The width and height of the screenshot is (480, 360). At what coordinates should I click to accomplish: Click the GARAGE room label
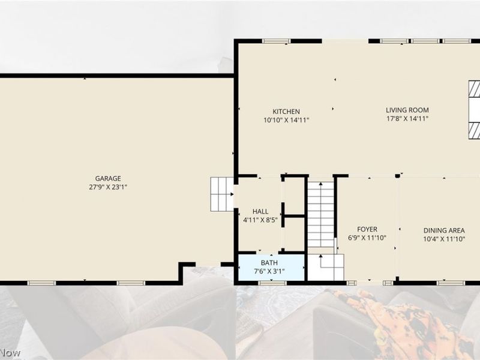(108, 178)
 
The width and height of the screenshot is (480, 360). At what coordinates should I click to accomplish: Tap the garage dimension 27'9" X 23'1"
(108, 187)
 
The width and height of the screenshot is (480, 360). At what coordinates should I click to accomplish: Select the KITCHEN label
(286, 112)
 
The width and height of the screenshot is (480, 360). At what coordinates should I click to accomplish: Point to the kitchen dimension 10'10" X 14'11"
(286, 120)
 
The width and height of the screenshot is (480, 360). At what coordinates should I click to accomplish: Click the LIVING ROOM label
(407, 110)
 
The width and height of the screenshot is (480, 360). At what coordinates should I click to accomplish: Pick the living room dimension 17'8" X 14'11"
(407, 118)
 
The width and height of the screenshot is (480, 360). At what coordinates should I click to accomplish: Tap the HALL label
(260, 212)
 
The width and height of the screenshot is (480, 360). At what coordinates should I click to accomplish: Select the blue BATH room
(271, 267)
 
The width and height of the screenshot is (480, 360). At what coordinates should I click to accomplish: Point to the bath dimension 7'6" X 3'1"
(269, 271)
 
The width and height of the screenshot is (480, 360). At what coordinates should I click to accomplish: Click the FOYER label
(367, 229)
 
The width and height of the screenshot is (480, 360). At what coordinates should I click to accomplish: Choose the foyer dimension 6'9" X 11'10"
(367, 238)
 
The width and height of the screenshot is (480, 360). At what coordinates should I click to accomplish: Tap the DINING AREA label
(444, 230)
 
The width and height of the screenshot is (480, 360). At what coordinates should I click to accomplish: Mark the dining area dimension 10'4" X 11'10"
(444, 239)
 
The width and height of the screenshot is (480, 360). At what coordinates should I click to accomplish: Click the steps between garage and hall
(222, 194)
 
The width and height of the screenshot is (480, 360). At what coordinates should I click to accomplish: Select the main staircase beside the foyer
(320, 214)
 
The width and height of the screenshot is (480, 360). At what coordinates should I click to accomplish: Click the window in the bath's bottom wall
(272, 283)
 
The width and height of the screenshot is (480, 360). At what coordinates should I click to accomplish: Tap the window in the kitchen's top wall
(276, 41)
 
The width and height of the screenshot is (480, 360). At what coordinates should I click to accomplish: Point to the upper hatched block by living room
(474, 89)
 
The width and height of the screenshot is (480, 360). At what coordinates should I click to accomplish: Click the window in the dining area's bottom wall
(451, 283)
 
